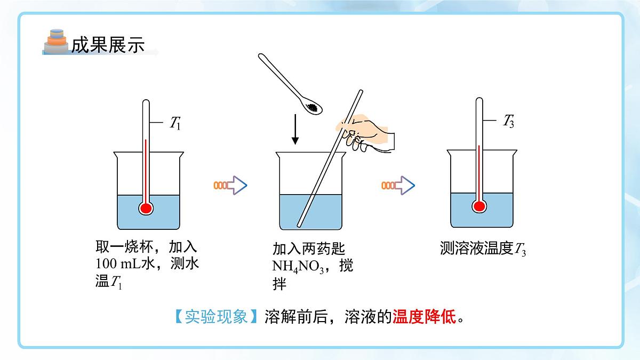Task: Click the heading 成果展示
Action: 108,45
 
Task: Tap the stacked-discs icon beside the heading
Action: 57,42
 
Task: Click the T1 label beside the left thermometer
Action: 175,123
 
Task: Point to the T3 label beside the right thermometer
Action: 509,121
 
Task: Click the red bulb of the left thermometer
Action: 146,209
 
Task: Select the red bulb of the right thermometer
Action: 479,206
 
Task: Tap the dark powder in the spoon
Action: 312,107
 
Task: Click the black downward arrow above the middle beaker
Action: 295,129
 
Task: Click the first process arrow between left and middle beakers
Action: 230,186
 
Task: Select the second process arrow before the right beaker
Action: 398,186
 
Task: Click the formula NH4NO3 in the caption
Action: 298,266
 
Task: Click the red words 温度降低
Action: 425,317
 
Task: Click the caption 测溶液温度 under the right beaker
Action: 477,248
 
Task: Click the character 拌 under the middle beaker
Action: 279,284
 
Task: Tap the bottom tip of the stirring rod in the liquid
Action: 299,226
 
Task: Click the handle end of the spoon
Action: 261,55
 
